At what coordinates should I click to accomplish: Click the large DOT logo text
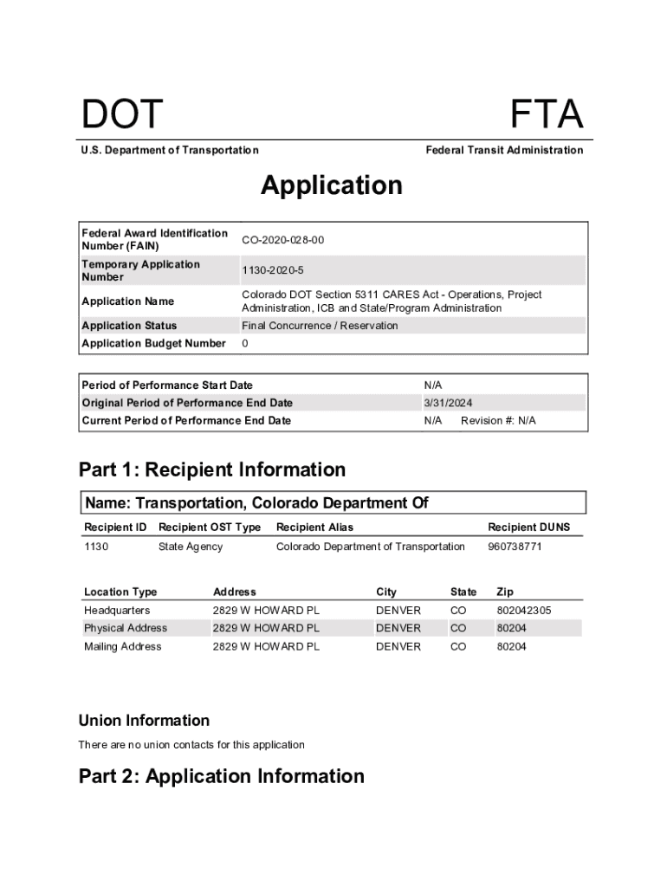122,115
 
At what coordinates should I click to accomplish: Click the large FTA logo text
546,115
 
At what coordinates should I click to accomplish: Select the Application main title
332,185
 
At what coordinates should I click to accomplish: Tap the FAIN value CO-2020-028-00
282,240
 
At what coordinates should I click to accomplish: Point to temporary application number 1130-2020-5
273,271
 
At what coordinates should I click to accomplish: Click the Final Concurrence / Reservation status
320,326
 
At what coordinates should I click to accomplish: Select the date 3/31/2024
448,403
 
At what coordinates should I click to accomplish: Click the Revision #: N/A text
498,421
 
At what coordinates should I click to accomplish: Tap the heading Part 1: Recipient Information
212,470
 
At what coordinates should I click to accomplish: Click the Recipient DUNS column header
528,528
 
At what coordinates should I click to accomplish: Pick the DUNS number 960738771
515,547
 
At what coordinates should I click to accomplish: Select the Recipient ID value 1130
96,547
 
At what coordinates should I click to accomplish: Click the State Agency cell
191,547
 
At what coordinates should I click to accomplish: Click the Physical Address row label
126,628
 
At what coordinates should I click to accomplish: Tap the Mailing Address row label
122,647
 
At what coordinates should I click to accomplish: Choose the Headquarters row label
116,611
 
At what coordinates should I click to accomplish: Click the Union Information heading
144,721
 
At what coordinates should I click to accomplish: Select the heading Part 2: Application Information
222,776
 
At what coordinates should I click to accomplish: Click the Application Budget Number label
153,344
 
